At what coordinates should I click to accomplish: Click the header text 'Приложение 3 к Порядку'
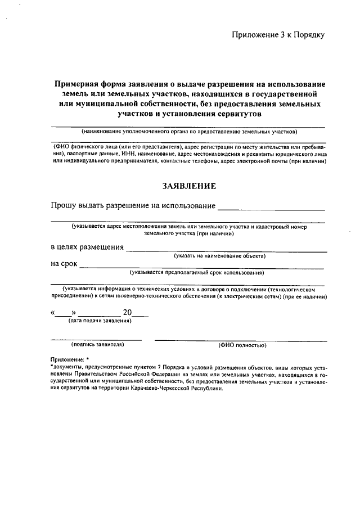pos(278,35)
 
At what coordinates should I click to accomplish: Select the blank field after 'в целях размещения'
pos(226,250)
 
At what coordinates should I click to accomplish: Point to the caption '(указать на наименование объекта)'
pos(219,256)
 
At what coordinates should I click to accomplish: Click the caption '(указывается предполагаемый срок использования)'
pos(196,273)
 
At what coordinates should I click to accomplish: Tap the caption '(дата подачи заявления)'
pos(100,321)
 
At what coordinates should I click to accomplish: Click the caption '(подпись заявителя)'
pos(97,344)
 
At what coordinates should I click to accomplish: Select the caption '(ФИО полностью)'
pos(242,345)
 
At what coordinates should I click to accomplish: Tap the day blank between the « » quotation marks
pos(63,315)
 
